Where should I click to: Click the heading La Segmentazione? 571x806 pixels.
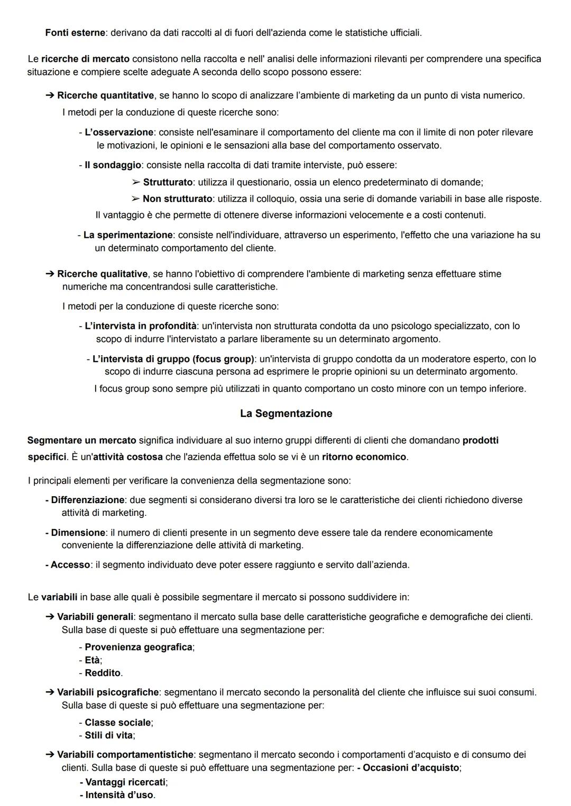coord(286,413)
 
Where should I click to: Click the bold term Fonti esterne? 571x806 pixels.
coord(75,33)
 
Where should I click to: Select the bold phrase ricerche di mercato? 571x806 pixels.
coord(85,59)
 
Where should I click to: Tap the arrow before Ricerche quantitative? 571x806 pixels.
coord(50,95)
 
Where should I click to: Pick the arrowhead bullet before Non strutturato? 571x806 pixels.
coord(136,199)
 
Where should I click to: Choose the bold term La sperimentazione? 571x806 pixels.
coord(128,235)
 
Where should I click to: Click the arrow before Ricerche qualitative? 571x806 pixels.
coord(50,274)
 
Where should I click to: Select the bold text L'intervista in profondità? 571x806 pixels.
coord(140,326)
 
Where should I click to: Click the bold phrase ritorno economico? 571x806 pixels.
coord(364,457)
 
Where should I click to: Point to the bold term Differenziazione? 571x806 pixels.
coord(88,499)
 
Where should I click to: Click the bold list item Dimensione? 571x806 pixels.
coord(78,532)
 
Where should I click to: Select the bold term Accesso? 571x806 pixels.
coord(70,564)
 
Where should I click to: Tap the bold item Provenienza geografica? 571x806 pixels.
coord(138,647)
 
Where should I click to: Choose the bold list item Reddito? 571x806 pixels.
coord(103,673)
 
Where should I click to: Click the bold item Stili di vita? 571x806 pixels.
coord(109,735)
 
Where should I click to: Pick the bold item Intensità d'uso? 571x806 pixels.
coord(119,794)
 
